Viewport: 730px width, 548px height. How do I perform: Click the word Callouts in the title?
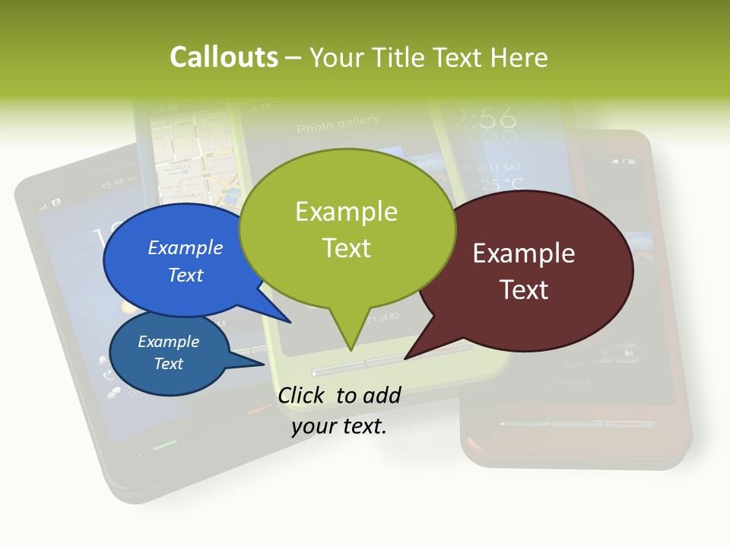(224, 57)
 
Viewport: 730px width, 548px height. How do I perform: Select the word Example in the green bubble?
(346, 212)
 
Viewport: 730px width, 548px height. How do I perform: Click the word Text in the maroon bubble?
(524, 290)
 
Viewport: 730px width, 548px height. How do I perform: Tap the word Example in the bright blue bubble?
(186, 247)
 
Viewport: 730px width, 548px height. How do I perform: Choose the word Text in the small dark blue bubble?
(169, 364)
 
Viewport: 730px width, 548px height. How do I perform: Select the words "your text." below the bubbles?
(339, 426)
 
